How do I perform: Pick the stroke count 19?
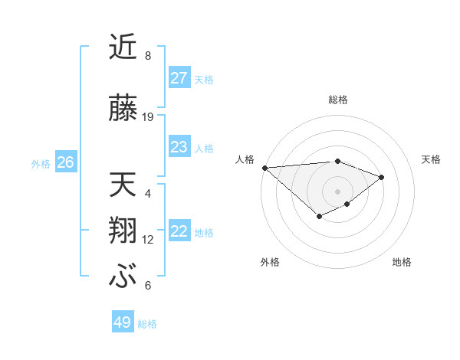148,117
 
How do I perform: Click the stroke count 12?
148,240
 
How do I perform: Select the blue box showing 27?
179,78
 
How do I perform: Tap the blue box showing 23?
179,147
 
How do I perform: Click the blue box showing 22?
179,231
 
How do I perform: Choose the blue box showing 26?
66,162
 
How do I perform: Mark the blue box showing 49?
123,322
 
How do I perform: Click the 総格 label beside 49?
148,324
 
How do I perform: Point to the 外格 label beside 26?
41,163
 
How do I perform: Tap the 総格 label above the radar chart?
337,100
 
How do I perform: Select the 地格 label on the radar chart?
402,262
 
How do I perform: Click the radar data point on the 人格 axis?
264,168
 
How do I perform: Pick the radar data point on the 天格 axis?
381,177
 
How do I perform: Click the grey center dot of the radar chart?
337,191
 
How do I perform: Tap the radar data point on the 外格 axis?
319,218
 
